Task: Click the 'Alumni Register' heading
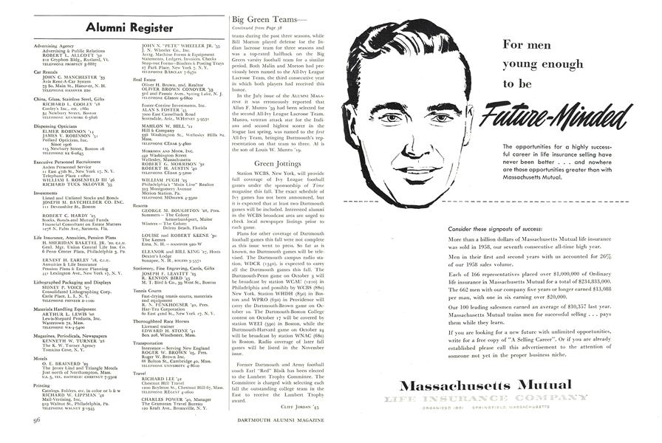pyautogui.click(x=130, y=28)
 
